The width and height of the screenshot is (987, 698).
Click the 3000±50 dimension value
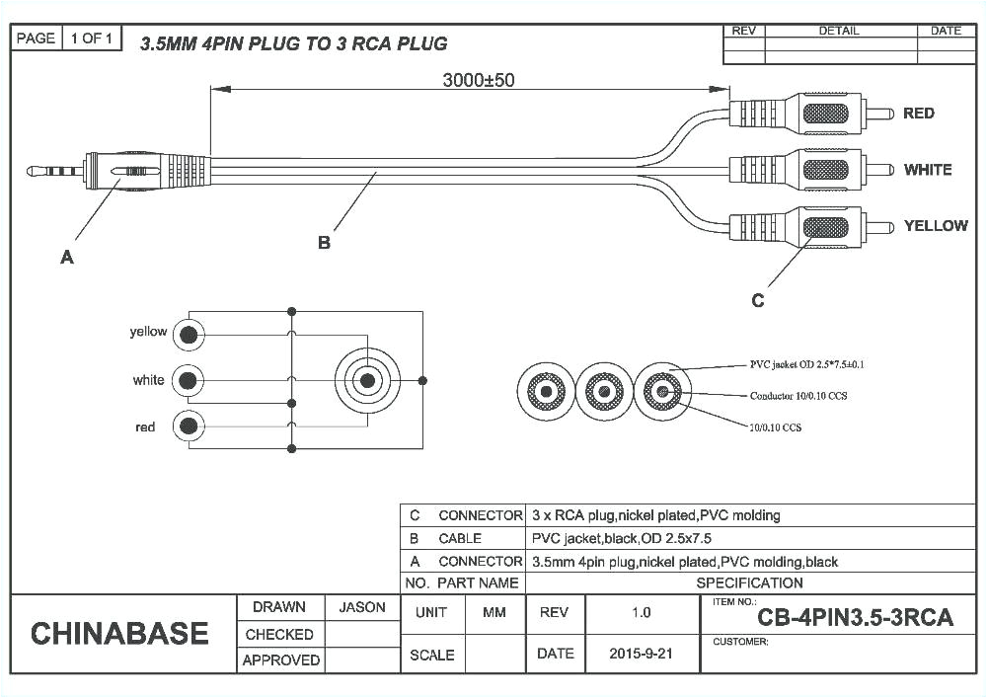tap(478, 81)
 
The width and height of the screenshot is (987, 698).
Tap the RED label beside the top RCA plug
tap(918, 114)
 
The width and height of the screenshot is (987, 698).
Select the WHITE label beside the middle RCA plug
tap(927, 170)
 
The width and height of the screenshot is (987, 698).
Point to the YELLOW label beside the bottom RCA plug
tap(935, 226)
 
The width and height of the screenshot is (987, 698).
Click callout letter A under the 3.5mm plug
tap(67, 258)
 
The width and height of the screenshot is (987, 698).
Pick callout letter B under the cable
tap(324, 243)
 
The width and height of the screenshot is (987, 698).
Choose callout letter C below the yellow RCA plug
tap(757, 301)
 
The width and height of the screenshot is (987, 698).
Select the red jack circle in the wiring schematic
tap(188, 427)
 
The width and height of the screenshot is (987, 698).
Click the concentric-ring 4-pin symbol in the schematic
tap(367, 380)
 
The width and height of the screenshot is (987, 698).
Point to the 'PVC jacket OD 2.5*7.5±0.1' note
tap(807, 364)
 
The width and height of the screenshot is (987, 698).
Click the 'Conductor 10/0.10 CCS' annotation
tap(797, 396)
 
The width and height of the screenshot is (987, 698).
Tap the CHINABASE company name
tap(119, 634)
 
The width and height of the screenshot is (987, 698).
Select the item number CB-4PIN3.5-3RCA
tap(855, 618)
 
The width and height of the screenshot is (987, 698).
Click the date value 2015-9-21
tap(641, 654)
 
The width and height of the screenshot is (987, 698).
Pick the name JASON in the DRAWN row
tap(362, 607)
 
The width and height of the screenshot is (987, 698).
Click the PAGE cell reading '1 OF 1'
tap(93, 39)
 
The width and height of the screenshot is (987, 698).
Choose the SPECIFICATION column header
tap(749, 582)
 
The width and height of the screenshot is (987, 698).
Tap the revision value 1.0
tap(641, 612)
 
